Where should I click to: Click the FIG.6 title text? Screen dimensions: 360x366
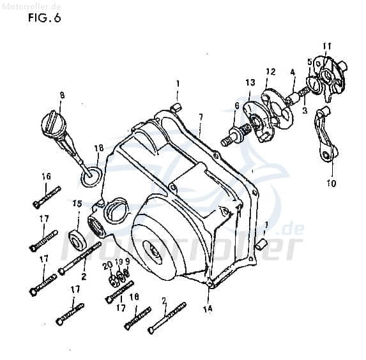tap(44, 17)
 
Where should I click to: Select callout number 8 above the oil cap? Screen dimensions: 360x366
tap(62, 95)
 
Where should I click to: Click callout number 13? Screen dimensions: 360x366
tap(250, 82)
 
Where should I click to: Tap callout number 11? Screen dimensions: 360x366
tap(326, 46)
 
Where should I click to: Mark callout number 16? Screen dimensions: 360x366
tap(46, 176)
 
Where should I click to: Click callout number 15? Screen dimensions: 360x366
tap(77, 204)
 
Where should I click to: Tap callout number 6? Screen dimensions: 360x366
tap(236, 106)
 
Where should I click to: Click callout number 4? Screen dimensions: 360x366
tap(293, 73)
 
